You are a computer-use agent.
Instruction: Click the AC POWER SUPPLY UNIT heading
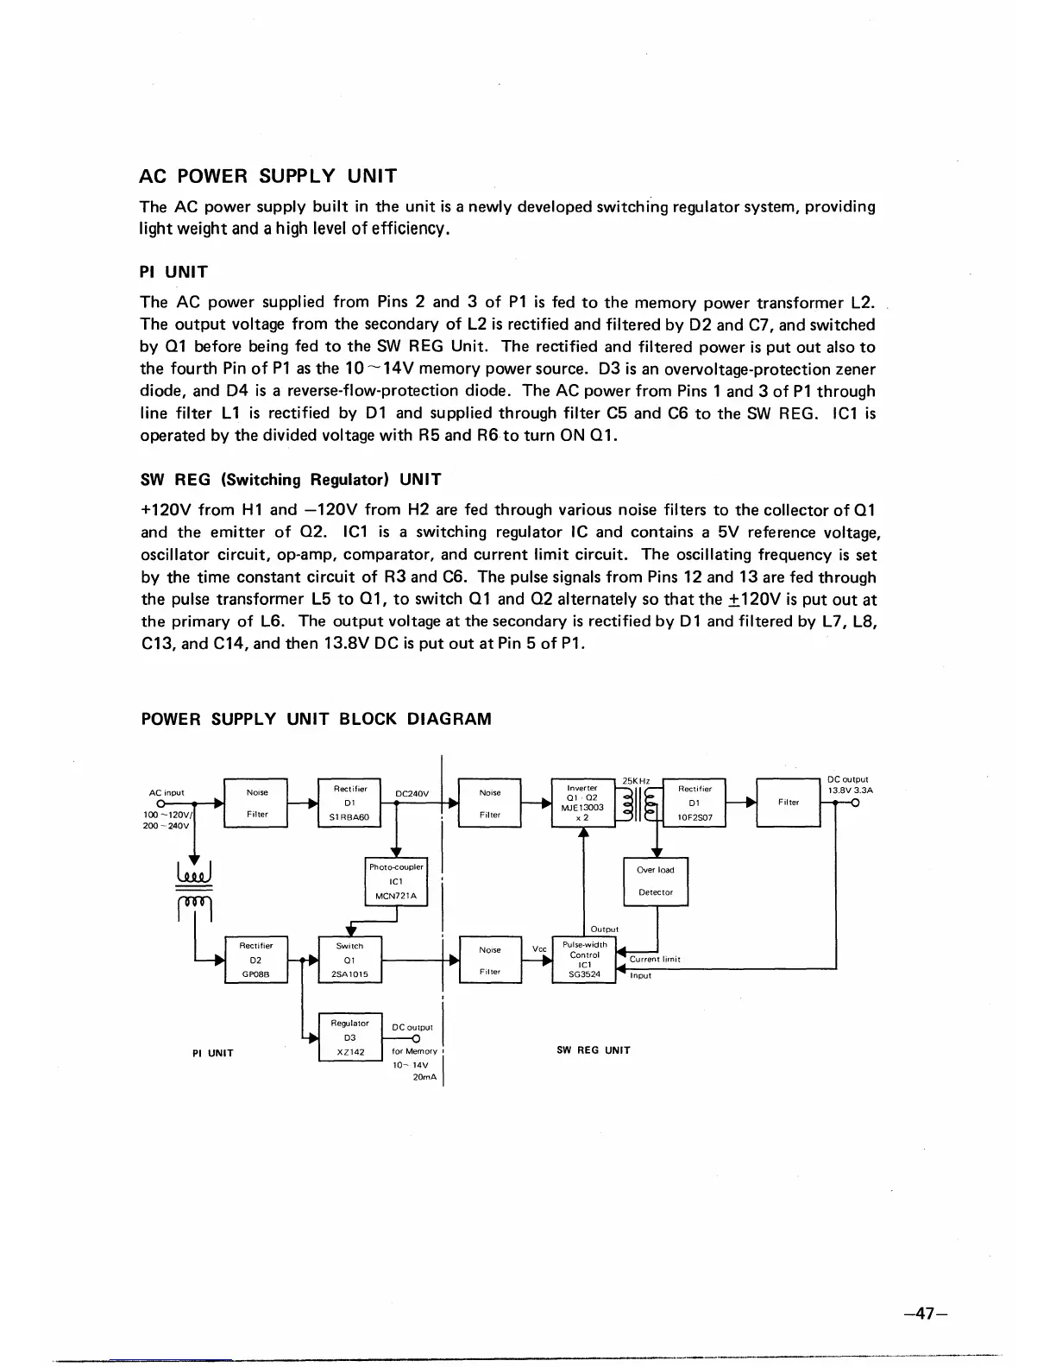click(268, 177)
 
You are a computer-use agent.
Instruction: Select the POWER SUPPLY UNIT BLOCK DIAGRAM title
click(316, 719)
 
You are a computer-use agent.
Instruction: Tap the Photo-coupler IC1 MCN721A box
click(396, 881)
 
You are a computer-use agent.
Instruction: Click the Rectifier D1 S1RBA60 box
click(350, 803)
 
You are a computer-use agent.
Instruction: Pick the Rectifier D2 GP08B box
click(255, 960)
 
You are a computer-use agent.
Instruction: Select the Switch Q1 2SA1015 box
click(349, 960)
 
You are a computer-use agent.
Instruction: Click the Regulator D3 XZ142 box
click(349, 1036)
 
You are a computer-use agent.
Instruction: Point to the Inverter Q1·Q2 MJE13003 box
click(582, 803)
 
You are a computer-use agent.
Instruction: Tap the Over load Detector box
click(656, 881)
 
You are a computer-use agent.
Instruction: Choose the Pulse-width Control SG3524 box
click(584, 960)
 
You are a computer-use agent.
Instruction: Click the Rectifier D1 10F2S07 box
click(695, 803)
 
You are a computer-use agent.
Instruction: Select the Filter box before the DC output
click(788, 803)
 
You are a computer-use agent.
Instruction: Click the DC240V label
click(418, 793)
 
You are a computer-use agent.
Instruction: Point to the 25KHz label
click(636, 782)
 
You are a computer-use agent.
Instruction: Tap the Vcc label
click(539, 949)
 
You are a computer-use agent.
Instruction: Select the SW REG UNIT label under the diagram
click(594, 1050)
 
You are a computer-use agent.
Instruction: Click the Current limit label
click(655, 959)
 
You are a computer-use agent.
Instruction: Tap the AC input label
click(167, 792)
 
